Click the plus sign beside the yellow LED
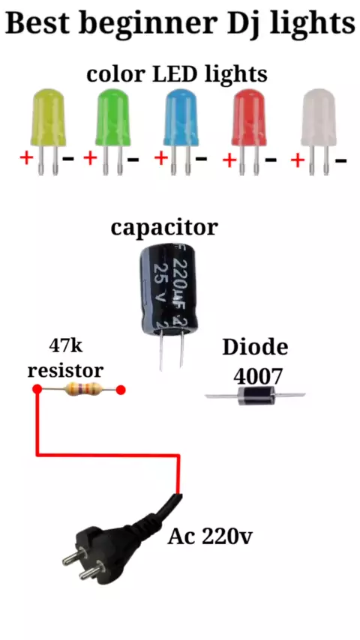click(x=26, y=157)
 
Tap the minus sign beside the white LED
click(x=340, y=161)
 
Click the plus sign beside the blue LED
click(x=161, y=158)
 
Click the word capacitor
click(x=164, y=228)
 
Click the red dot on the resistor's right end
click(x=120, y=390)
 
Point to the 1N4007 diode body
click(x=256, y=396)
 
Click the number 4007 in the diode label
click(x=258, y=377)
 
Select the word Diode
click(x=255, y=347)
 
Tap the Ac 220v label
click(x=210, y=537)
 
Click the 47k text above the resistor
click(x=66, y=346)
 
